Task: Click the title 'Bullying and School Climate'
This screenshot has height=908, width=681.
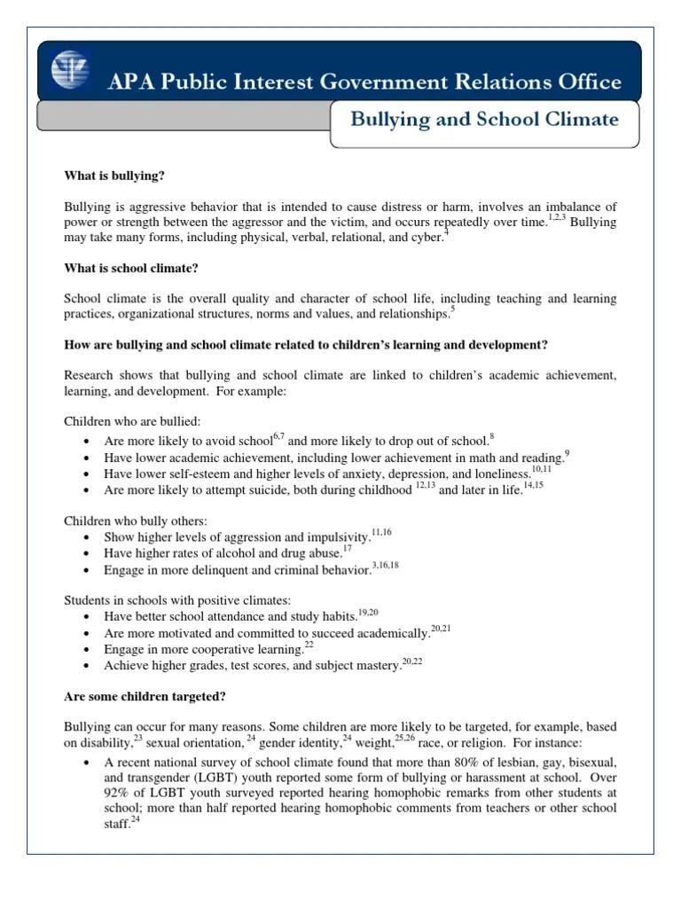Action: click(483, 120)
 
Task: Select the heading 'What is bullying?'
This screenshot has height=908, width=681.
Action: click(115, 176)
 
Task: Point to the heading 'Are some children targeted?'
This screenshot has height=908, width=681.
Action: click(146, 696)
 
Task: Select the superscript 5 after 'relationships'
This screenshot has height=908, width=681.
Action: click(452, 309)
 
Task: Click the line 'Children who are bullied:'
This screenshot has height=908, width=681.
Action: click(131, 421)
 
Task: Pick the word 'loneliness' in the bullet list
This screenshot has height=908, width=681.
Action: click(499, 474)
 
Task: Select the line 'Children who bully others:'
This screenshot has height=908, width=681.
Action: click(136, 521)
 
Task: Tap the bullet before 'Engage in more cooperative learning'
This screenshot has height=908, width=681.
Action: click(83, 649)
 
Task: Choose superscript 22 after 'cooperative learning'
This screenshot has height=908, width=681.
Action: click(309, 645)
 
